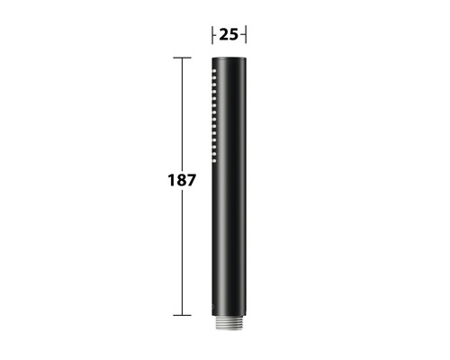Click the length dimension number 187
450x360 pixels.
tap(182, 180)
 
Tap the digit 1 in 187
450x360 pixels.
tap(171, 180)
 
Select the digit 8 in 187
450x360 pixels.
tap(181, 180)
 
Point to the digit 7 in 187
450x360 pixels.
tap(192, 180)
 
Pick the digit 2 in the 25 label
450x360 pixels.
tap(223, 35)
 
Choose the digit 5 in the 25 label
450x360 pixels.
tap(235, 35)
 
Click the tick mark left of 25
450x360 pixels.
tap(212, 35)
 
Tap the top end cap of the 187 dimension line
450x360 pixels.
tap(182, 58)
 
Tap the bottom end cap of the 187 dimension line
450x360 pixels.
tap(182, 315)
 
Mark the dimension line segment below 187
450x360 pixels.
tap(182, 252)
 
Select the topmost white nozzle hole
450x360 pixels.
tap(215, 69)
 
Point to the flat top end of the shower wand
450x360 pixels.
tap(229, 59)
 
